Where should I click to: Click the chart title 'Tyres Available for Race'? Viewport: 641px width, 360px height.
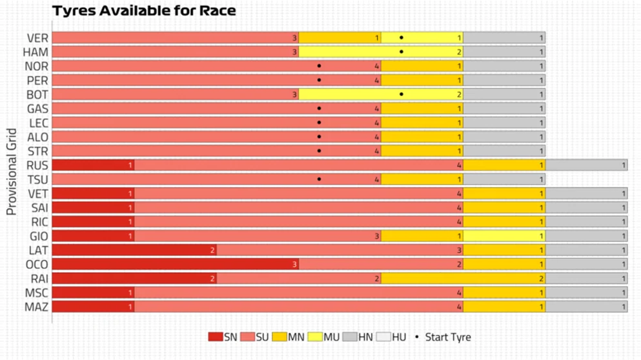tap(144, 11)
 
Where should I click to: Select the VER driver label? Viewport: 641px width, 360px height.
tap(37, 38)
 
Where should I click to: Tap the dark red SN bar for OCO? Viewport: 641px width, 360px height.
tap(175, 265)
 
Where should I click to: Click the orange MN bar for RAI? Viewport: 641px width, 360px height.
tap(463, 279)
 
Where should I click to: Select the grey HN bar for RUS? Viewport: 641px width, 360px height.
tap(586, 166)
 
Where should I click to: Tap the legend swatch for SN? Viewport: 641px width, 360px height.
tap(215, 337)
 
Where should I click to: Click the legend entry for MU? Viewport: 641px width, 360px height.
tap(323, 337)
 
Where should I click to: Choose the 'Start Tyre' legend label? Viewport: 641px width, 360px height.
tap(447, 337)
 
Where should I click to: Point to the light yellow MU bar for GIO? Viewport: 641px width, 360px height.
tap(504, 236)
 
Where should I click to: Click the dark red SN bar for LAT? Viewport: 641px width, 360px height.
tap(134, 250)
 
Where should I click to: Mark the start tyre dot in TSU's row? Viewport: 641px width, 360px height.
tap(319, 179)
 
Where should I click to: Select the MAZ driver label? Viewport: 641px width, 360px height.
tap(37, 306)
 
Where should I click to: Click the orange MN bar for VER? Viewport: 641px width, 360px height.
tap(340, 38)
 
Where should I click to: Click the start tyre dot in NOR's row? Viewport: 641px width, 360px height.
tap(319, 66)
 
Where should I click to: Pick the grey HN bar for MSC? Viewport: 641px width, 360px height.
tap(586, 293)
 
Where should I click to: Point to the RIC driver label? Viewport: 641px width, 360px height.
tap(39, 222)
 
